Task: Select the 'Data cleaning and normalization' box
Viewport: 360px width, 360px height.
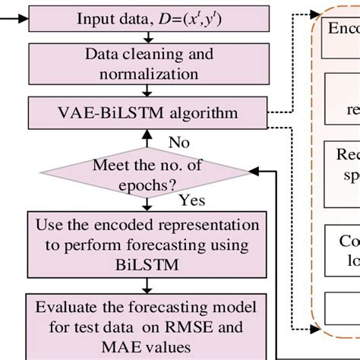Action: [x=144, y=65]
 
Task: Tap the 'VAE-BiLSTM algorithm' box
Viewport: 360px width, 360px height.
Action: [x=144, y=113]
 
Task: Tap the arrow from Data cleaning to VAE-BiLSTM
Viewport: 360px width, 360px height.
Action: [x=144, y=93]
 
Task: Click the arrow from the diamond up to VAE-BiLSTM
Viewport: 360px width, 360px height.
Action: [x=144, y=137]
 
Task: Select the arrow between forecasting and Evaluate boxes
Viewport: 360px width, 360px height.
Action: [x=144, y=286]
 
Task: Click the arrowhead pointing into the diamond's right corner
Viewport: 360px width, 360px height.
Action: [x=257, y=173]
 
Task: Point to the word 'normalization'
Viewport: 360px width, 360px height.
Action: [x=144, y=74]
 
